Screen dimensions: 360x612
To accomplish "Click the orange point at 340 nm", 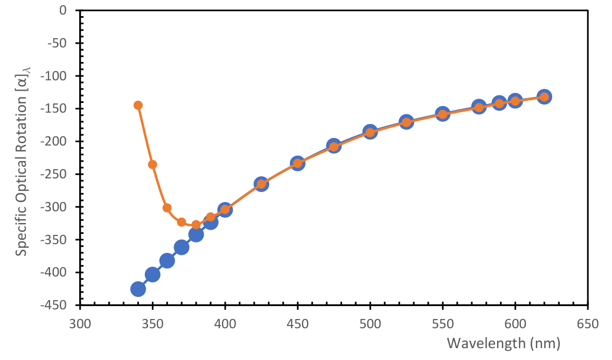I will [x=138, y=105].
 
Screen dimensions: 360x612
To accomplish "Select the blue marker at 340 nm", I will [x=138, y=289].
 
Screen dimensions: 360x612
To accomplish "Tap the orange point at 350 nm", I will [x=152, y=164].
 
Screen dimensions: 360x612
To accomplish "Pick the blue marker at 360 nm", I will [x=167, y=261].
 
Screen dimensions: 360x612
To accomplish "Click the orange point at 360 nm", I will [x=167, y=208].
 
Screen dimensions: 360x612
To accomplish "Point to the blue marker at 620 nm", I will [x=544, y=96].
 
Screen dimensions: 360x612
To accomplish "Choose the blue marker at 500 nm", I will [x=370, y=131].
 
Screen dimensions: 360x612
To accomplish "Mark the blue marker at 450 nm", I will [x=297, y=163].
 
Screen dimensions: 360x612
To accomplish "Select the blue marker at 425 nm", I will [x=261, y=184].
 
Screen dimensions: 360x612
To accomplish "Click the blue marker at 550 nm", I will [x=443, y=114].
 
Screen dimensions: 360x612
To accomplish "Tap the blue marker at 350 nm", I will [x=152, y=275].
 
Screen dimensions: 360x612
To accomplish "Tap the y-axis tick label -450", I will [x=62, y=305].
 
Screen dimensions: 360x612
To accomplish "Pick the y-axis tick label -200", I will [x=62, y=141].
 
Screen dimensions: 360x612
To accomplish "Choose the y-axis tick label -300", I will [x=62, y=207].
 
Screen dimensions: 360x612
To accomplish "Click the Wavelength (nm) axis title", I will [x=504, y=343].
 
